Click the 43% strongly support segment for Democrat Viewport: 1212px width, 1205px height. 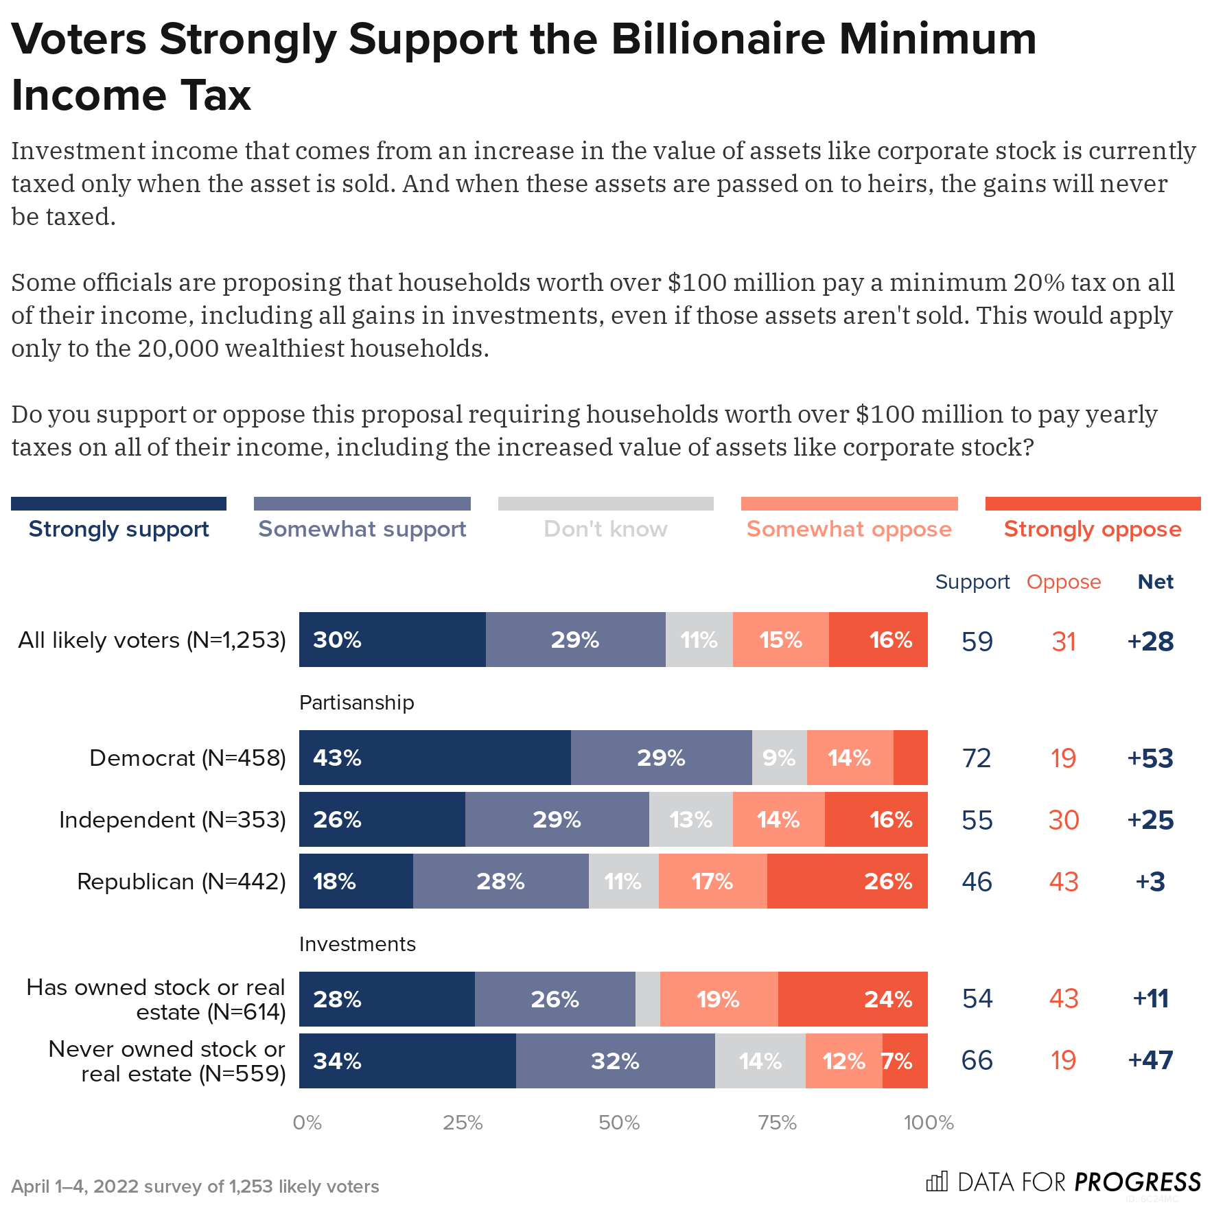(434, 758)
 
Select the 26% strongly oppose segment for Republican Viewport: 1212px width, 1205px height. (847, 881)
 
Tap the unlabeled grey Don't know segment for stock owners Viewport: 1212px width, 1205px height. (647, 999)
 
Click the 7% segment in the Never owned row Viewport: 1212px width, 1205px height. (905, 1061)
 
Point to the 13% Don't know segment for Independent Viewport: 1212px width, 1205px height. (690, 819)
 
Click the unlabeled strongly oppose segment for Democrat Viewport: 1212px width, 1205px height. (910, 758)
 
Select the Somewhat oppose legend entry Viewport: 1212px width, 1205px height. (849, 529)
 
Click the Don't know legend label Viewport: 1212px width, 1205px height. (605, 529)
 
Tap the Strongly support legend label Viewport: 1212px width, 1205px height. (119, 529)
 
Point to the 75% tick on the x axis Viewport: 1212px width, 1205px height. (777, 1123)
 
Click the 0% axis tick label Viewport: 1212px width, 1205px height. (307, 1123)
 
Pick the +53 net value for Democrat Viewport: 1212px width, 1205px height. (1150, 758)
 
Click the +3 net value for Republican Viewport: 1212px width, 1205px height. (1150, 882)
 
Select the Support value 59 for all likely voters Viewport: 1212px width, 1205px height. (977, 642)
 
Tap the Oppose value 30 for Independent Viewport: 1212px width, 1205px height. (1063, 820)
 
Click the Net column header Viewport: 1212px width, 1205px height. (1155, 582)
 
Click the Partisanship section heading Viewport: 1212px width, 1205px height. (356, 703)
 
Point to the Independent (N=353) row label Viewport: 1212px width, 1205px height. (172, 819)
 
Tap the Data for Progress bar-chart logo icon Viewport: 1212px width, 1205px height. (936, 1181)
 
